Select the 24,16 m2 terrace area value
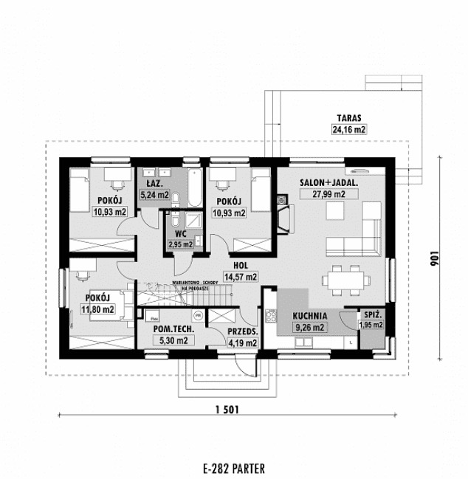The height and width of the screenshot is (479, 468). coord(349,129)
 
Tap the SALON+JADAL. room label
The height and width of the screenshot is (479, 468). coord(329,182)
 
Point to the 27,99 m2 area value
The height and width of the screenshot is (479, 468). coord(329,193)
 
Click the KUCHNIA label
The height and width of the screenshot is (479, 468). coord(309,315)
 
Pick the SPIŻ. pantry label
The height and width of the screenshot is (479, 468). coord(371,313)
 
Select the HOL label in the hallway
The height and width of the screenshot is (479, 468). coord(241,265)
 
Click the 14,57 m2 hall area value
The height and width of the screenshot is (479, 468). coord(241,277)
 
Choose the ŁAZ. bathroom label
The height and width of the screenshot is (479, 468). coord(154,183)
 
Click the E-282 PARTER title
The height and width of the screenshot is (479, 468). coord(232,467)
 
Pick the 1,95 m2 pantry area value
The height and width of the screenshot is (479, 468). coord(371,324)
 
